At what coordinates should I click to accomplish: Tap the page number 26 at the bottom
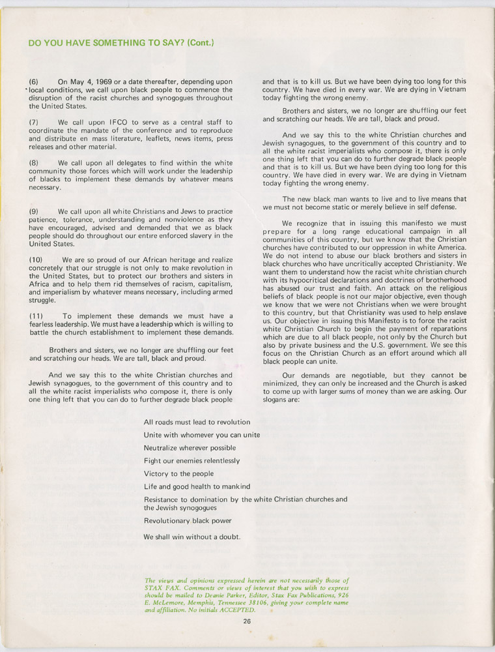coord(247,621)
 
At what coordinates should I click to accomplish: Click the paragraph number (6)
coord(35,81)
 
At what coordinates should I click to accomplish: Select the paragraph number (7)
coord(35,122)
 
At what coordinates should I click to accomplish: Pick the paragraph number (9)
coord(35,212)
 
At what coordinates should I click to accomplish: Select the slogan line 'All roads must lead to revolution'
coord(197,422)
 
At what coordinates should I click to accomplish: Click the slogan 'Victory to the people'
coord(178,474)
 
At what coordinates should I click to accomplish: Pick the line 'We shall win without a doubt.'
coord(192,537)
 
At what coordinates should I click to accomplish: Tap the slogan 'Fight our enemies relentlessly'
coord(191,461)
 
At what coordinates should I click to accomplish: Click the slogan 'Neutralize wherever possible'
coord(190,448)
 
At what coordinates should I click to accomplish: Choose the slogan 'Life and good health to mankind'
coord(197,486)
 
